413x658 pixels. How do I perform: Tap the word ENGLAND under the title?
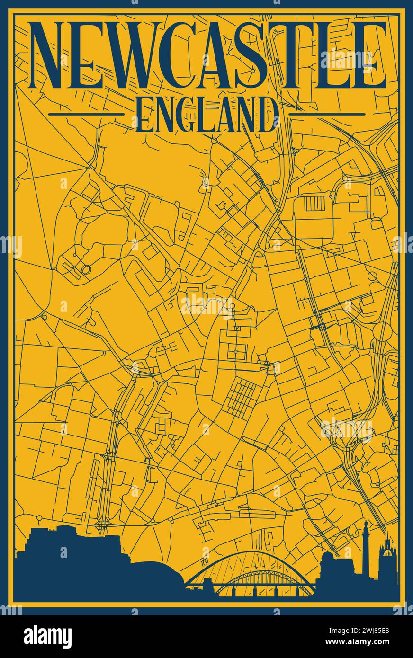point(206,115)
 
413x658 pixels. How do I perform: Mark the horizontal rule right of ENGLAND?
point(327,114)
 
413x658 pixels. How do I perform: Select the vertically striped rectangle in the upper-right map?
point(314,204)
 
